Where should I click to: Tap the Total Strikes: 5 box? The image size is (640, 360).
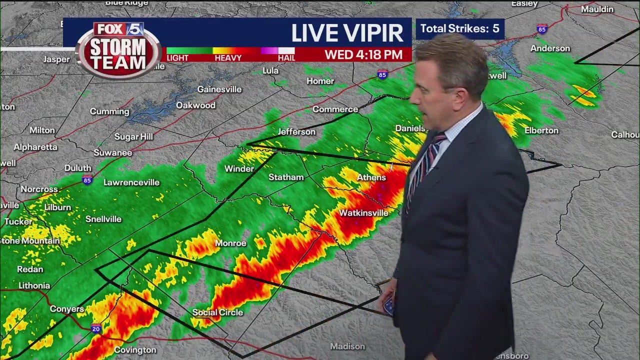(459, 28)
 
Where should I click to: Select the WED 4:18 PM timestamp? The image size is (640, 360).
(363, 54)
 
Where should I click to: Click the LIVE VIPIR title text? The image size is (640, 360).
(347, 33)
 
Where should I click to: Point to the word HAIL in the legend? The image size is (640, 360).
(286, 58)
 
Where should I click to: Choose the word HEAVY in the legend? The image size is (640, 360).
(228, 58)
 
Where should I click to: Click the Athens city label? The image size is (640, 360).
(371, 177)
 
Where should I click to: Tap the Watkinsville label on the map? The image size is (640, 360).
(363, 213)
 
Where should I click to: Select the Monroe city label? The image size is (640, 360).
(230, 243)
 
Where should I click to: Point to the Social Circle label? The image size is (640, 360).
(218, 312)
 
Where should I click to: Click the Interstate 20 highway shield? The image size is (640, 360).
(96, 328)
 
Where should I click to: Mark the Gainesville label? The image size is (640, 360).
(219, 89)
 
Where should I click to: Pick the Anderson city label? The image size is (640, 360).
(550, 48)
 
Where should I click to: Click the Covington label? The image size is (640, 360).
(135, 350)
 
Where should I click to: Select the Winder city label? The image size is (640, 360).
(239, 169)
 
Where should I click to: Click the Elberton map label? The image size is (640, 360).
(541, 130)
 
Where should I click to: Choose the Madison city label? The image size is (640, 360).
(347, 346)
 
